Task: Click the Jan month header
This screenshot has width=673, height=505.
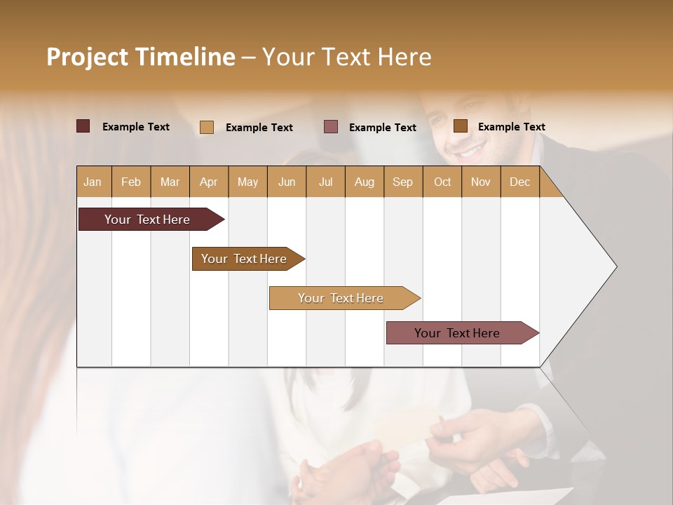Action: click(93, 182)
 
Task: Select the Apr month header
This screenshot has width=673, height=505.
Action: click(208, 182)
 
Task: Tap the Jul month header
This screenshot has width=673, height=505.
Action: click(325, 182)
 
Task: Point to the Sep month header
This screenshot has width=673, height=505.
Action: click(402, 182)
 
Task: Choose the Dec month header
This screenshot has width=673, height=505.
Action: click(519, 182)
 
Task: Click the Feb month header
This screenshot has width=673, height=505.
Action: click(131, 182)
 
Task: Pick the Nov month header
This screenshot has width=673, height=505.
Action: click(480, 182)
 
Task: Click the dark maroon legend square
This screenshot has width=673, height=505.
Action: click(83, 126)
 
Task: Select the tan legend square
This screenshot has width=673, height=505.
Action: click(207, 127)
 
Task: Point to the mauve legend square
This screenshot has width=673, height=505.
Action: click(331, 127)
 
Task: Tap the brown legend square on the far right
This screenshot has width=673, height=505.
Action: click(460, 126)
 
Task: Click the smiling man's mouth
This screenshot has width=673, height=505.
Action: click(470, 151)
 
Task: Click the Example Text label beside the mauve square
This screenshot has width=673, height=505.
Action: click(382, 128)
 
